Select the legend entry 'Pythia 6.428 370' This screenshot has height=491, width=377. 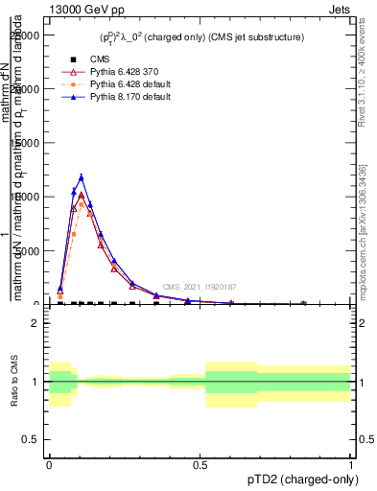115,72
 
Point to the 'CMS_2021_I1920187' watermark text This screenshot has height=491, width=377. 199,286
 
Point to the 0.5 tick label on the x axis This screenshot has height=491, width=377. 200,463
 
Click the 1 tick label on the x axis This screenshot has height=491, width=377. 350,463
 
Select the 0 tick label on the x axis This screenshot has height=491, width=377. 49,463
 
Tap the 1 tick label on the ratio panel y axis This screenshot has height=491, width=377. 35,382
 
